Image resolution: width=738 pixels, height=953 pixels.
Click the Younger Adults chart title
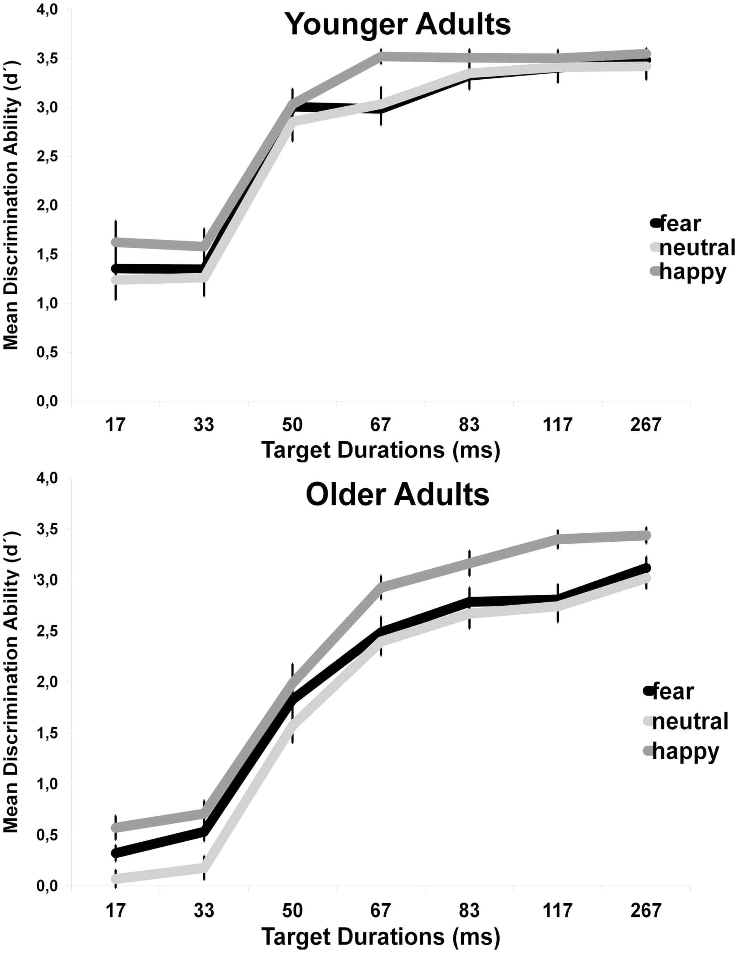(397, 25)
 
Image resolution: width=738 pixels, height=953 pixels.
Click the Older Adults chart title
(397, 494)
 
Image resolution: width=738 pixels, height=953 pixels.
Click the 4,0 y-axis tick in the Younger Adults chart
(47, 9)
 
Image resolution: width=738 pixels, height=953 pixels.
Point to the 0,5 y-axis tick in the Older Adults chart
(47, 835)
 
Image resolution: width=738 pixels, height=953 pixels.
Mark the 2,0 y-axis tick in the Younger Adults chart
(47, 205)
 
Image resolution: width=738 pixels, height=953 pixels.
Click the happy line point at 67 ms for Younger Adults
(381, 56)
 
